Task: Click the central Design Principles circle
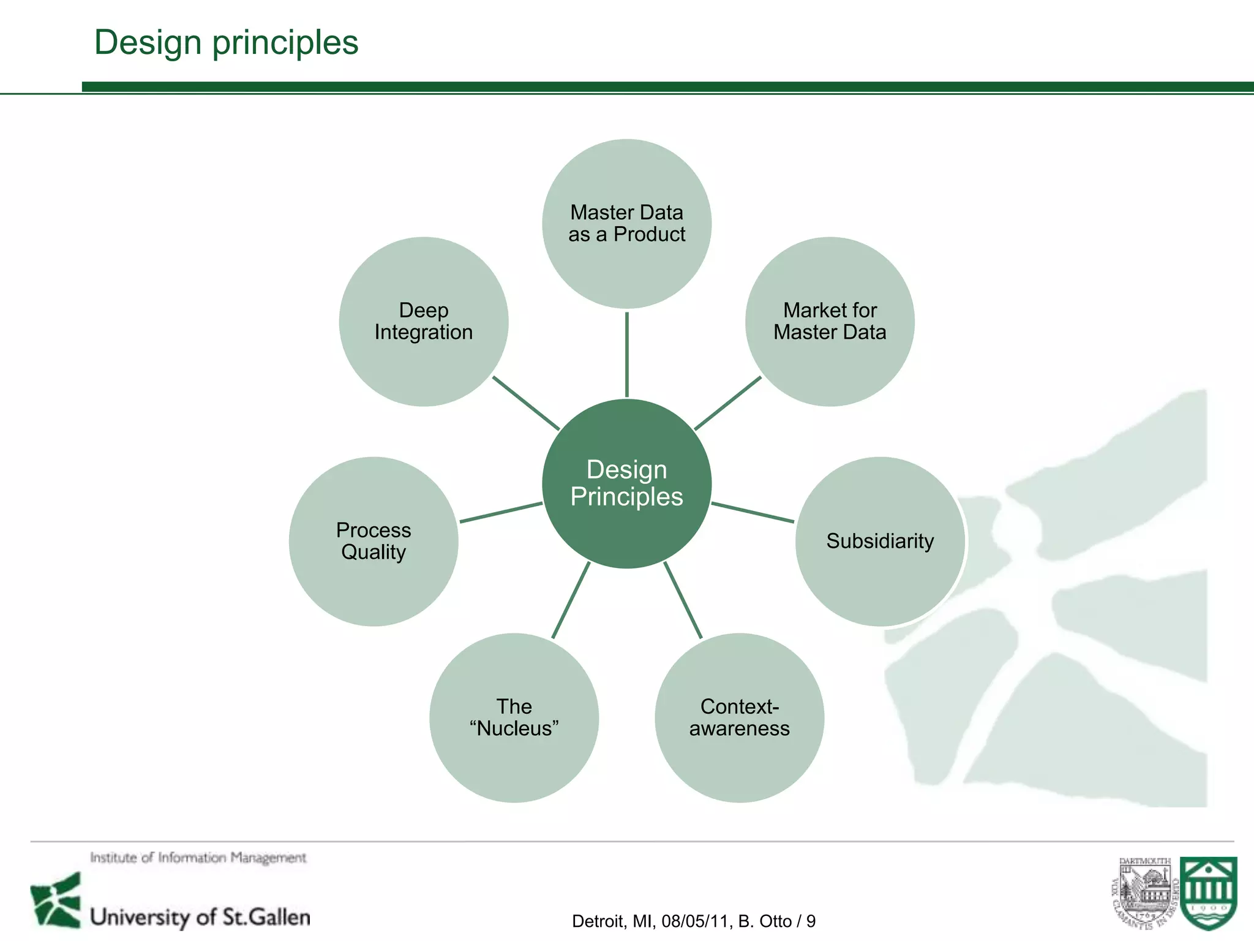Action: click(x=626, y=483)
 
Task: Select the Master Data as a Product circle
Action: click(x=626, y=224)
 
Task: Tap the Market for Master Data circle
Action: click(x=830, y=322)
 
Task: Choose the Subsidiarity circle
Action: click(x=880, y=541)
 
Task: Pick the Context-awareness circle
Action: click(x=739, y=717)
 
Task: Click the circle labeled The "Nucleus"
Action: click(x=514, y=717)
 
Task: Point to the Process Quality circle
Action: click(x=374, y=541)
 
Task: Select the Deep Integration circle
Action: click(x=424, y=322)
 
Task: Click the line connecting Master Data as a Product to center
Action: click(x=626, y=354)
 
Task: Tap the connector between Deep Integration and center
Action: click(x=526, y=402)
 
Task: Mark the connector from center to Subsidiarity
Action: click(x=753, y=512)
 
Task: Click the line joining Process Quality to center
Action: click(x=501, y=512)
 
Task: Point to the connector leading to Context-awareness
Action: click(x=683, y=600)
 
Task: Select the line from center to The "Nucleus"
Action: click(x=571, y=600)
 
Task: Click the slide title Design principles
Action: click(x=226, y=42)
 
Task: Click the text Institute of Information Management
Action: click(x=198, y=858)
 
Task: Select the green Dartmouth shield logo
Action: click(x=1209, y=893)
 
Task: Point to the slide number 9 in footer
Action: click(x=811, y=921)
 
